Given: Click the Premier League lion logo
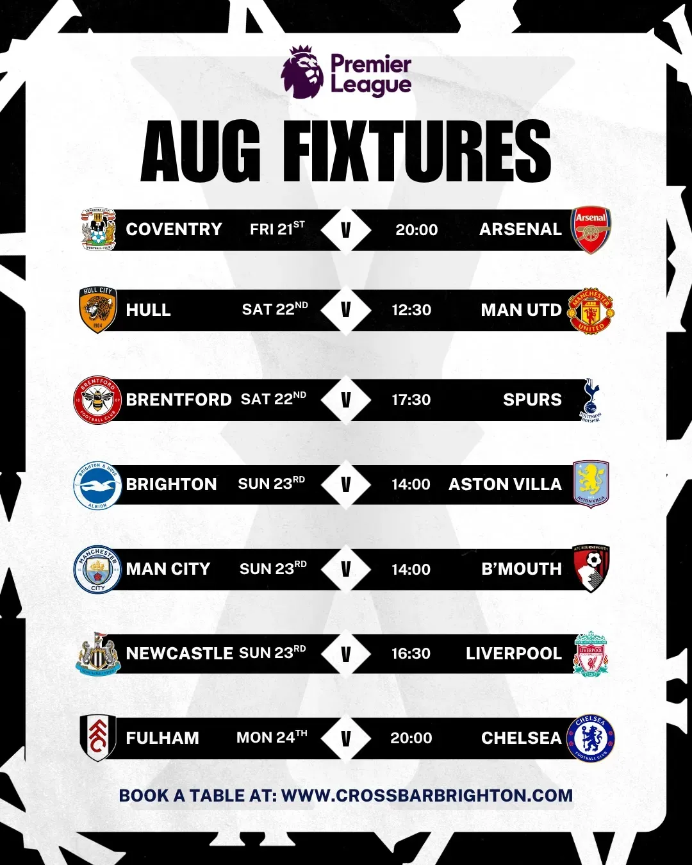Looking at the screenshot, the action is (302, 72).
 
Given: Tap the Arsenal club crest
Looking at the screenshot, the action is (590, 230).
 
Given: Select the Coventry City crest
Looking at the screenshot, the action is (98, 229).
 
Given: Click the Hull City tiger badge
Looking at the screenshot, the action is (97, 310).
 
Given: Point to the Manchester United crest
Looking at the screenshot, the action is (590, 310).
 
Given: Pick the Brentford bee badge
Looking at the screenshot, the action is (97, 400).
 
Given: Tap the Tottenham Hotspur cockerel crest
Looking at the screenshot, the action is (591, 400).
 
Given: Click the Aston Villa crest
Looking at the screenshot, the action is (591, 484).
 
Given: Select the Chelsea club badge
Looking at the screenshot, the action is (590, 738).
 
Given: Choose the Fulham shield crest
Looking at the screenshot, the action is (97, 738).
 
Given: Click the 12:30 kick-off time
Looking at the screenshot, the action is (411, 310).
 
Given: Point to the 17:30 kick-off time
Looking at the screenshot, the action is (411, 400).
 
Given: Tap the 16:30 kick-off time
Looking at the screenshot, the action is (411, 654).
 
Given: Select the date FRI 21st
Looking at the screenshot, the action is (277, 228).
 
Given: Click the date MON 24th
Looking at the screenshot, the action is (272, 737).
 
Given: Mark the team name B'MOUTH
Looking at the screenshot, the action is (522, 569).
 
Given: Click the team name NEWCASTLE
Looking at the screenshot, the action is (179, 654).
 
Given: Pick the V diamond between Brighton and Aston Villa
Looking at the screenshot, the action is (346, 484).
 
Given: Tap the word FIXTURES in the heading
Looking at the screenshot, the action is (417, 151).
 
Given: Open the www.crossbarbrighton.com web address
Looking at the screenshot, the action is (427, 795).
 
